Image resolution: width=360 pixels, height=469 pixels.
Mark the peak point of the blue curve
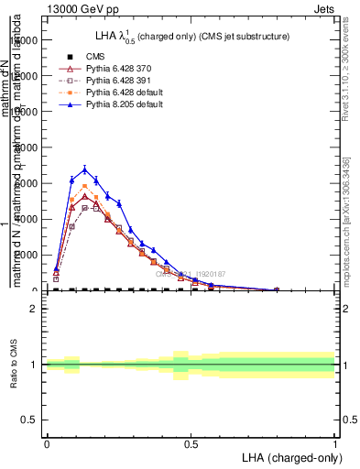point(85,169)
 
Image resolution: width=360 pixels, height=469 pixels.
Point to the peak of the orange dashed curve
point(85,186)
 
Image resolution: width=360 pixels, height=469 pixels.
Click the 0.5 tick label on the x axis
point(191,444)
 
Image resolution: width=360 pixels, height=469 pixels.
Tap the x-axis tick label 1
point(334,444)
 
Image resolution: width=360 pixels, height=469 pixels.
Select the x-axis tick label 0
point(47,444)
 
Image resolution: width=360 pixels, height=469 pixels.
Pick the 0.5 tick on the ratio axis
point(29,420)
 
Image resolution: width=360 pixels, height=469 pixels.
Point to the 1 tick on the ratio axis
point(34,365)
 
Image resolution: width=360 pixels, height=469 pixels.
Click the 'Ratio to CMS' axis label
point(13,365)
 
